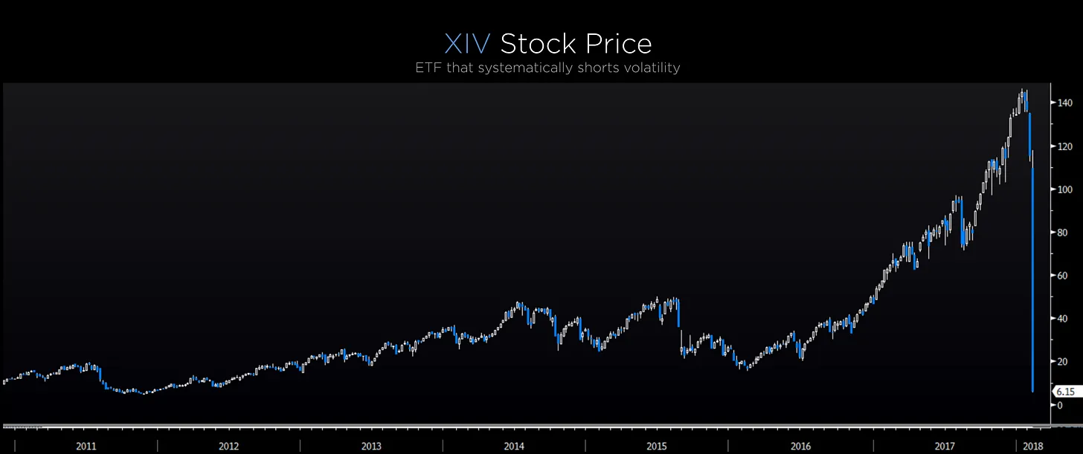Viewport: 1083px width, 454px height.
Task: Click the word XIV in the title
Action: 467,45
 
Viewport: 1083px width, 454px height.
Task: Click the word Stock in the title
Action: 535,45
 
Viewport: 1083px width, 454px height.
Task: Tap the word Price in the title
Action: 614,45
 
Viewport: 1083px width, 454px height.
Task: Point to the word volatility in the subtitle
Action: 651,68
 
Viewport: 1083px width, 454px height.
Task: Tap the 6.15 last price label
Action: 1064,391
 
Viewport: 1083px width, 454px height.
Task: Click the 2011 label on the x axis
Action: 86,446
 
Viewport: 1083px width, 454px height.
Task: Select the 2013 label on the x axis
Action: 371,446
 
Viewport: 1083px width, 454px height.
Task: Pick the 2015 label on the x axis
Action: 657,446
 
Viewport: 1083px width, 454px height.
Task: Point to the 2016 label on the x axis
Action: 800,446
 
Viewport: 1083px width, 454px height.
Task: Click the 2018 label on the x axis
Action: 1033,446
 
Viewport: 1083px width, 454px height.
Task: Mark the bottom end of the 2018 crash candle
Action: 1032,391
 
